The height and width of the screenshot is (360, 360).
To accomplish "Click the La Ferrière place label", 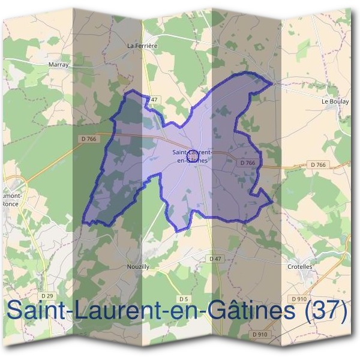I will coord(142,44).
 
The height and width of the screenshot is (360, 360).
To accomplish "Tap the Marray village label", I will coord(58,65).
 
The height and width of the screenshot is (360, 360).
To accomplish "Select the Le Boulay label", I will coord(335,101).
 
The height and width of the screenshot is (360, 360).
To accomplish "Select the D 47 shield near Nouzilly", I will coord(215,258).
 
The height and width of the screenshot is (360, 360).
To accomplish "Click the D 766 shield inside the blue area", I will coord(248,163).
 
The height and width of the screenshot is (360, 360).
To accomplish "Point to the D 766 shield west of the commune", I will coord(88,139).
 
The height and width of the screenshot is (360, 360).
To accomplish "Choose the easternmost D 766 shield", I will coord(319,164).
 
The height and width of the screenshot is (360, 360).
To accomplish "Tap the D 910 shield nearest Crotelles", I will coord(298,298).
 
